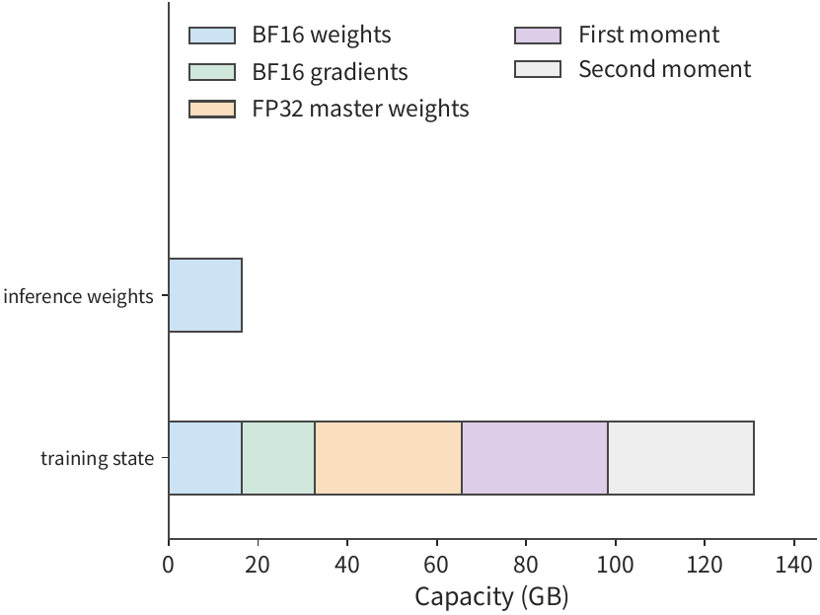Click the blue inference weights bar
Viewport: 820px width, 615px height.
[205, 295]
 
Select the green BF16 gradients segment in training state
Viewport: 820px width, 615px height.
[278, 458]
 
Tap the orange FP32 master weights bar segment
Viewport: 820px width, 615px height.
[389, 458]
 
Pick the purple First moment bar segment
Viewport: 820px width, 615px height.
[535, 458]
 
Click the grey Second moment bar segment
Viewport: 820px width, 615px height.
[681, 458]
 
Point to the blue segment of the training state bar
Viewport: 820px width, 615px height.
[205, 458]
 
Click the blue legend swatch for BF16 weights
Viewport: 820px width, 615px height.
[212, 35]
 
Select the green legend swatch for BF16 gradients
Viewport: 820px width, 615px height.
[212, 72]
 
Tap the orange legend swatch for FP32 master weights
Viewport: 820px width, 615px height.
[212, 109]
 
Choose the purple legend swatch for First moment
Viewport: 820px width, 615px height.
[538, 35]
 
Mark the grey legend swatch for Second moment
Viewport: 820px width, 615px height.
[538, 69]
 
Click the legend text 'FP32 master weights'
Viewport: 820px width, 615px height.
[360, 109]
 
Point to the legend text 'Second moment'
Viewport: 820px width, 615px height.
[665, 69]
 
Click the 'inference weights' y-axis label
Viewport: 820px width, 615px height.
[78, 296]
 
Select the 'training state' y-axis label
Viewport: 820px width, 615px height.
[98, 458]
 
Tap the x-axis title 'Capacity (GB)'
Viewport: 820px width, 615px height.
[491, 596]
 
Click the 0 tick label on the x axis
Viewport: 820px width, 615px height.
[169, 565]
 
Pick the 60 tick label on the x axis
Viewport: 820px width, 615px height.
[436, 565]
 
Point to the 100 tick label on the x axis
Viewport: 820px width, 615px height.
[615, 565]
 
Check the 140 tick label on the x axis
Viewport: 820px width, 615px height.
[794, 565]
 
